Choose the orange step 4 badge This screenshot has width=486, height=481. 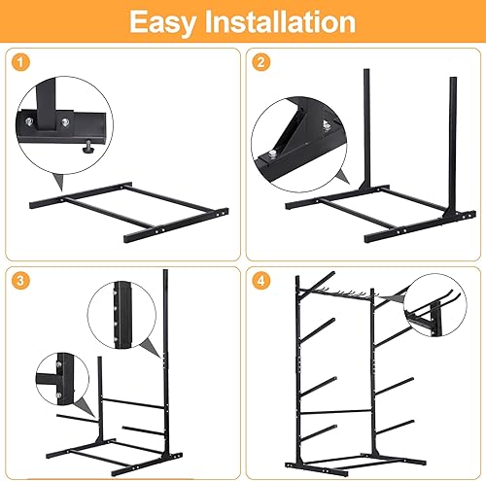(x=260, y=282)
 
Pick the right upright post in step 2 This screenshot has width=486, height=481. (x=451, y=146)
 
